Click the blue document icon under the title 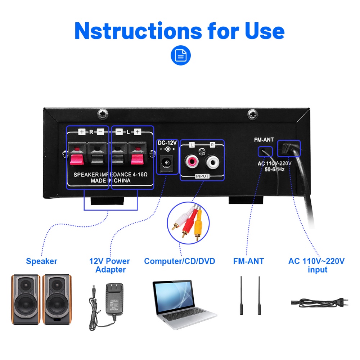tap(180, 55)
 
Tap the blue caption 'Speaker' tap(41, 261)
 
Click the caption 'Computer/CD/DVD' tap(179, 261)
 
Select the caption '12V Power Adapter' tap(109, 265)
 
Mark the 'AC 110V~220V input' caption tap(316, 265)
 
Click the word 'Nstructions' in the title tap(138, 31)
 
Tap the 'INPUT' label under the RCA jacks tap(202, 176)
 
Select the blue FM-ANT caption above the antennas tap(248, 261)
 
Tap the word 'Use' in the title tap(265, 31)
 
